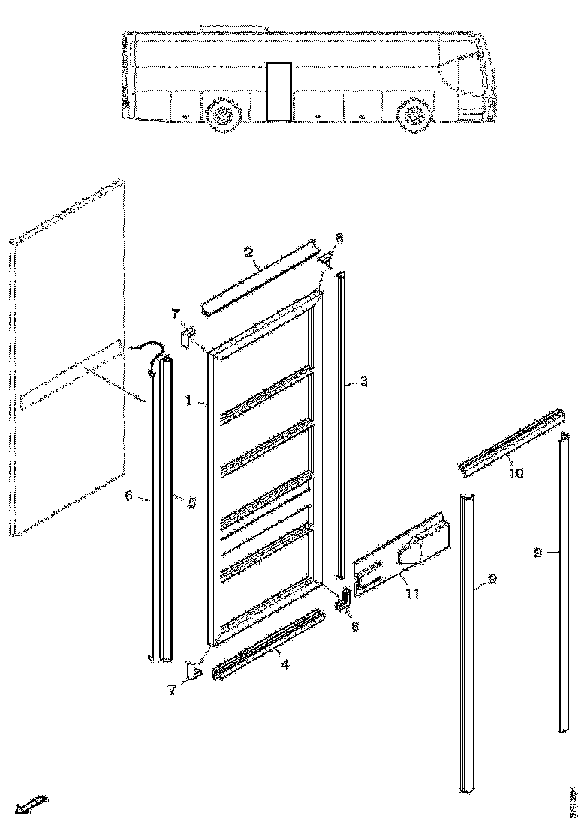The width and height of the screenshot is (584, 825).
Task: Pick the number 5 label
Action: coord(191,503)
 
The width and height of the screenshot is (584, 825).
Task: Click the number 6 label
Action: coord(129,496)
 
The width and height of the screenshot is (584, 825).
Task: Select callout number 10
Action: coord(517,473)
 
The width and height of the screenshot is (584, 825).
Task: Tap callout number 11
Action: coord(412,594)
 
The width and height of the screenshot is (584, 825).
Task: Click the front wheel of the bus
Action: coord(412,115)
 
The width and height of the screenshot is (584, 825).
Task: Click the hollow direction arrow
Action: coord(31,804)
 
